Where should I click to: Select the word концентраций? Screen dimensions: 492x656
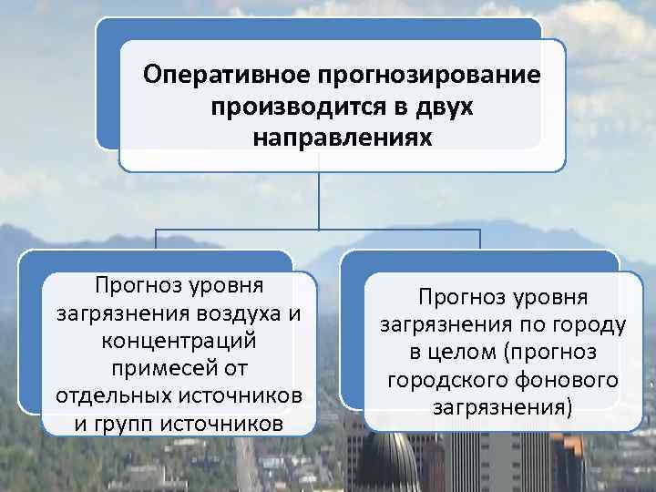(179, 343)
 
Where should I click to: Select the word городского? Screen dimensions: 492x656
(439, 380)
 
